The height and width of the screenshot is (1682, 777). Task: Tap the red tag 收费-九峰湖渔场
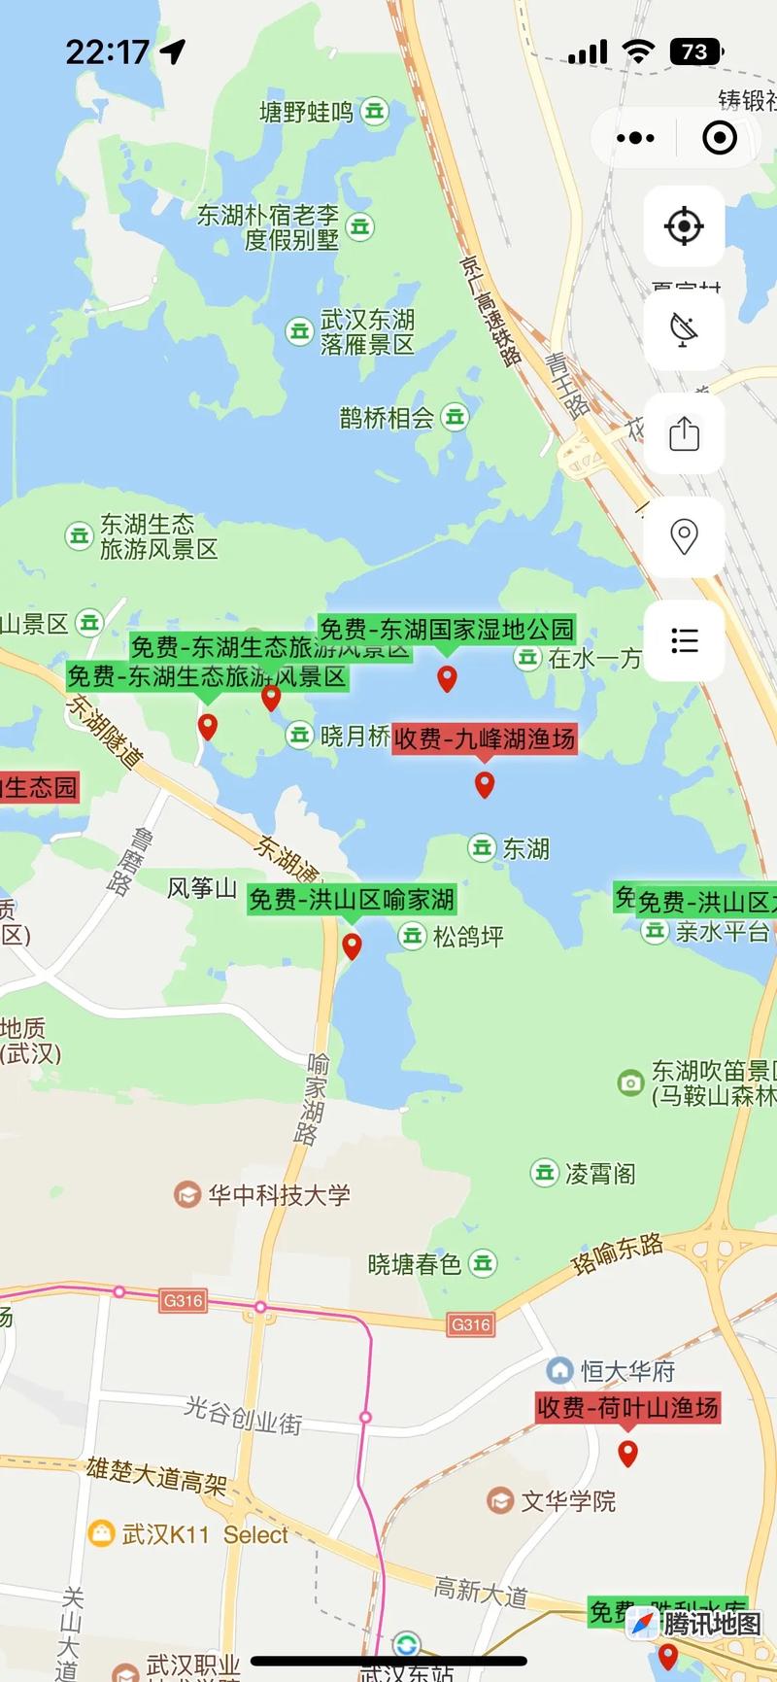click(484, 738)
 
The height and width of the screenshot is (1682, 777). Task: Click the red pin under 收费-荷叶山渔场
click(628, 1453)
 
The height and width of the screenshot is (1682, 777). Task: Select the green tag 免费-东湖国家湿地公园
click(447, 629)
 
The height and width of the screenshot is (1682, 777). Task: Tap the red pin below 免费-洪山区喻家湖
click(352, 944)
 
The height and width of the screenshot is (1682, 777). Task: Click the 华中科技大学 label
click(279, 1194)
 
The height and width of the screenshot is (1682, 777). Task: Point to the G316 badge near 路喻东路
click(471, 1324)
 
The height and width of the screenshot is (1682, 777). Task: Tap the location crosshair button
click(684, 226)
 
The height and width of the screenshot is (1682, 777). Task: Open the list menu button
click(684, 640)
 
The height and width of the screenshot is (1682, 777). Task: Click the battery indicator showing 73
click(695, 51)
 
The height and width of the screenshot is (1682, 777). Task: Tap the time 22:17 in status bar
click(107, 51)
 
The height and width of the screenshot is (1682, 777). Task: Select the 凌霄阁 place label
click(600, 1173)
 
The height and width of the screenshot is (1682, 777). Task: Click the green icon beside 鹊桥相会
click(455, 418)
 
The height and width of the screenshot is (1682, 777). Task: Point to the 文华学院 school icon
click(500, 1500)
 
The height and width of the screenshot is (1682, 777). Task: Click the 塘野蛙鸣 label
click(306, 112)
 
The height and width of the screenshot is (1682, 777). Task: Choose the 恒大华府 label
click(627, 1371)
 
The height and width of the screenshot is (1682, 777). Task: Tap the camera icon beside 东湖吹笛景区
click(630, 1082)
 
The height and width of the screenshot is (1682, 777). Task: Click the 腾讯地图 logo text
click(712, 1623)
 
